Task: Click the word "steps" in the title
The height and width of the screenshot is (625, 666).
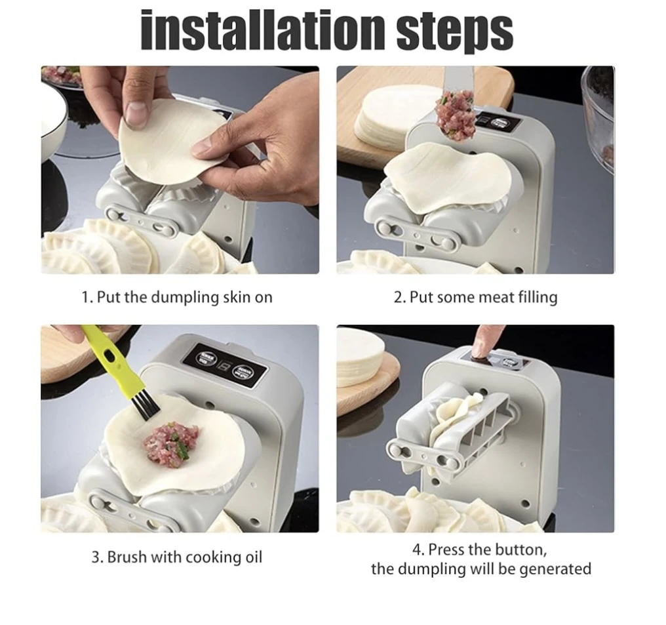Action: (x=454, y=32)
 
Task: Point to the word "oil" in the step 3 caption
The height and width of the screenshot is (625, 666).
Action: (x=254, y=557)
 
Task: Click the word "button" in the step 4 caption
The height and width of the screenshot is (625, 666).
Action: (x=519, y=550)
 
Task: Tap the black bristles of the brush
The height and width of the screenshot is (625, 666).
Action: (x=147, y=405)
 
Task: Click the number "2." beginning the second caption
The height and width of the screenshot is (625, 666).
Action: (x=400, y=298)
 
